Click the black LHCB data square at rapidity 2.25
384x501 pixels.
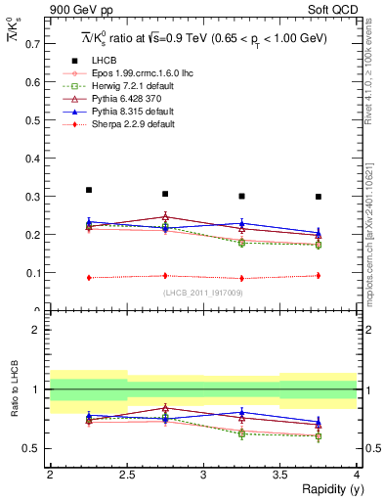click(x=89, y=190)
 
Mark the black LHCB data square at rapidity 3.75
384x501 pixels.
click(x=319, y=197)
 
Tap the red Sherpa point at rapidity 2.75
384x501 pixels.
click(x=165, y=276)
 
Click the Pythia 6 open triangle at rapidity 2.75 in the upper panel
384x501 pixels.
click(x=165, y=217)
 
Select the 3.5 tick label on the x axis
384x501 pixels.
click(x=279, y=475)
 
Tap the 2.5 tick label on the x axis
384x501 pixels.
click(x=126, y=475)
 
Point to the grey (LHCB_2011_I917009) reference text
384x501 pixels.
click(x=202, y=293)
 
